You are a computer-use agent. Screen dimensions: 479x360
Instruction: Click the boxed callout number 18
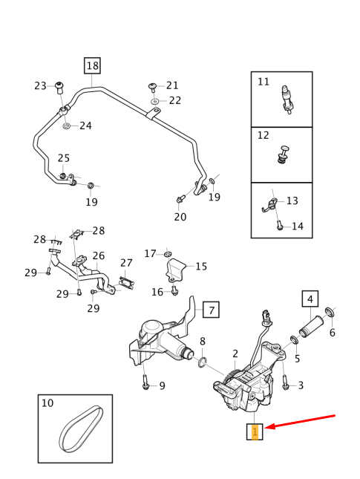[x=92, y=66]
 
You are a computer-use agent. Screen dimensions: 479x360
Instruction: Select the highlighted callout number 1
[x=255, y=431]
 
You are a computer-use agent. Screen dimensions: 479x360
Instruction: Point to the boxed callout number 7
[x=211, y=310]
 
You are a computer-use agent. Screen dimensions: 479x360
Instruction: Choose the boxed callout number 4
[x=310, y=299]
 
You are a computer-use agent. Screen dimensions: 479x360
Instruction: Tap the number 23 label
[x=40, y=86]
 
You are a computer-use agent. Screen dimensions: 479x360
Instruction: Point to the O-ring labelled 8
[x=200, y=362]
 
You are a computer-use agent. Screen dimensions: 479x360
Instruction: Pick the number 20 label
[x=180, y=217]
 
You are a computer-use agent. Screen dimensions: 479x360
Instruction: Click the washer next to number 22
[x=154, y=100]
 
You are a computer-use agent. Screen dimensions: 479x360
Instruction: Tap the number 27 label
[x=126, y=263]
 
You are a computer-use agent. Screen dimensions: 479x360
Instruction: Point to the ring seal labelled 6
[x=330, y=310]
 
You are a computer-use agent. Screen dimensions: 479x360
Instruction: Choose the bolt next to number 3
[x=285, y=383]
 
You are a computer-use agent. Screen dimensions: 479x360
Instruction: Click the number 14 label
[x=297, y=227]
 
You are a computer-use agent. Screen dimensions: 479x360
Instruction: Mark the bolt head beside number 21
[x=152, y=86]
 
